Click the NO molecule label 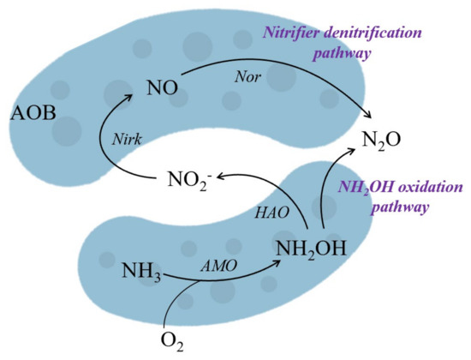tap(162, 87)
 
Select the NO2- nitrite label tap(188, 181)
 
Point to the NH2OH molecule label tap(310, 251)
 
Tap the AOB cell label tap(33, 113)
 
